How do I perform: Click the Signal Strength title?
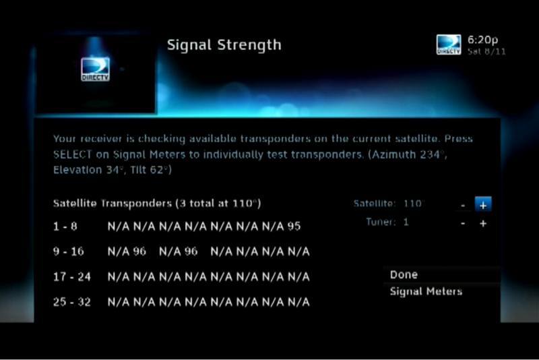tap(224, 45)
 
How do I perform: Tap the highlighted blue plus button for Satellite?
tap(483, 204)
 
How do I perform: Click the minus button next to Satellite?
tap(463, 205)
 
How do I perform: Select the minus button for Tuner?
tap(463, 223)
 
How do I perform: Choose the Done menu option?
tap(404, 274)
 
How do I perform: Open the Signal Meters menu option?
tap(426, 292)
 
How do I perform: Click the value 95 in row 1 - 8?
tap(294, 227)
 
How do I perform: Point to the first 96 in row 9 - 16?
tap(139, 251)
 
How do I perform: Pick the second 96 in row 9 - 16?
tap(191, 251)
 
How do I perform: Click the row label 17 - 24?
tap(72, 277)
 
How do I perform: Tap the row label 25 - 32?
tap(72, 302)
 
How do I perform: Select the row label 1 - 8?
tap(65, 227)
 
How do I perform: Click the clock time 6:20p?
tap(482, 40)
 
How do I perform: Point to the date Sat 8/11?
tap(486, 52)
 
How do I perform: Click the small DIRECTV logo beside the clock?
tap(449, 44)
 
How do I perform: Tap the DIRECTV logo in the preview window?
tap(95, 69)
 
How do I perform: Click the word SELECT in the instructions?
tap(73, 154)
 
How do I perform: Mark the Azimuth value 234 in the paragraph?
tap(431, 154)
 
